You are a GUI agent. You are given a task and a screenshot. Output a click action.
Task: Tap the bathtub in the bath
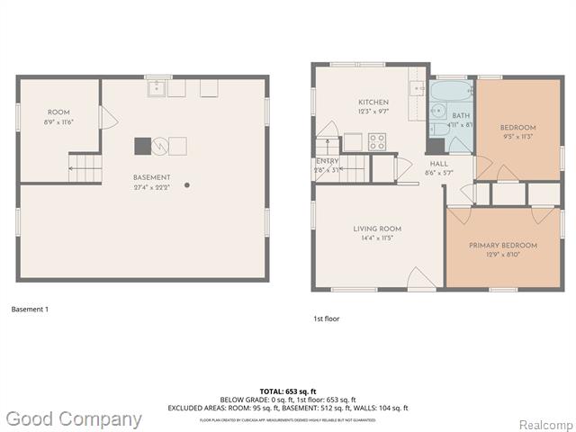(x=451, y=92)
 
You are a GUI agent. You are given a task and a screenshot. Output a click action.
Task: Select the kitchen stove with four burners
(x=377, y=141)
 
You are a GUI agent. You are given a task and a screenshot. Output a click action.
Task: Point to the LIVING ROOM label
(x=377, y=229)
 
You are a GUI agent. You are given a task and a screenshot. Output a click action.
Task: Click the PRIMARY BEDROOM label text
(x=502, y=246)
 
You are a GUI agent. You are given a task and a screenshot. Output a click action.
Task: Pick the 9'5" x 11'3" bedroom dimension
(x=517, y=137)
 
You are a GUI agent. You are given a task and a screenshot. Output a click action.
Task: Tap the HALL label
(x=438, y=164)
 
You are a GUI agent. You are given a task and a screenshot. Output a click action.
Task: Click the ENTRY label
(x=328, y=161)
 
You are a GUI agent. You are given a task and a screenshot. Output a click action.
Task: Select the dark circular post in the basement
(x=187, y=185)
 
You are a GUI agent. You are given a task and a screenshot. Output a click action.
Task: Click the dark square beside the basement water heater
(x=141, y=145)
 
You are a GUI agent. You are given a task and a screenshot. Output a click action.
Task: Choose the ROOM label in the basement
(x=58, y=112)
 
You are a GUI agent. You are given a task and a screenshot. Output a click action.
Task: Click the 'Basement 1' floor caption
(x=30, y=310)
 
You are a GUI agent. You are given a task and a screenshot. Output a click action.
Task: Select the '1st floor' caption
(x=326, y=319)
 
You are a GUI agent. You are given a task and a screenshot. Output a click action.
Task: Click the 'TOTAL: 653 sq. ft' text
(x=287, y=391)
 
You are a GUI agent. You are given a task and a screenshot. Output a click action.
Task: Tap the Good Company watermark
(x=74, y=419)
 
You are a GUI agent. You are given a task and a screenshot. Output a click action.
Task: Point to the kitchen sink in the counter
(x=418, y=88)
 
